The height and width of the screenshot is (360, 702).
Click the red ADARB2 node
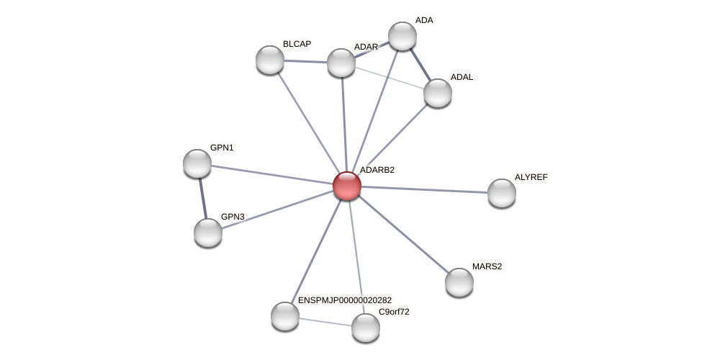pyautogui.click(x=347, y=186)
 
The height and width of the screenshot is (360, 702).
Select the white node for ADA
pyautogui.click(x=402, y=36)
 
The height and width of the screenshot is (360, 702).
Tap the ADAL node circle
pyautogui.click(x=437, y=93)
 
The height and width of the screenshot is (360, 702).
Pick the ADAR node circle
pyautogui.click(x=341, y=63)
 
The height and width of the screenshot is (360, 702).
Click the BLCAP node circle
pyautogui.click(x=270, y=60)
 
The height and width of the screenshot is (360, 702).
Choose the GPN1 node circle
pyautogui.click(x=197, y=163)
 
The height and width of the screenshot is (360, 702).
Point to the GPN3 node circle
pyautogui.click(x=208, y=233)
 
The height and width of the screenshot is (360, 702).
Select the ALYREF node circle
pyautogui.click(x=502, y=193)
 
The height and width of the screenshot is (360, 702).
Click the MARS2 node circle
pyautogui.click(x=459, y=282)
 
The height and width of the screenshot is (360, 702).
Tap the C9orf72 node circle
pyautogui.click(x=366, y=328)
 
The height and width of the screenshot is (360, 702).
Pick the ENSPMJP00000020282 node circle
pyautogui.click(x=285, y=316)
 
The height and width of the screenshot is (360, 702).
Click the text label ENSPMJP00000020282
pyautogui.click(x=345, y=300)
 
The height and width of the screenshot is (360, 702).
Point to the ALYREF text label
pyautogui.click(x=531, y=177)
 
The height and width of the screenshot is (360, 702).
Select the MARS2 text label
pyautogui.click(x=487, y=266)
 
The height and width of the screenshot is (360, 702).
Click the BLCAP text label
pyautogui.click(x=297, y=44)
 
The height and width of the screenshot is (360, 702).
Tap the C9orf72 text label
pyautogui.click(x=394, y=312)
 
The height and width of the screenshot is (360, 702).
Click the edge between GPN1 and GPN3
pyautogui.click(x=203, y=198)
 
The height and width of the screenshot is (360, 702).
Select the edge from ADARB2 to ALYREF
pyautogui.click(x=425, y=189)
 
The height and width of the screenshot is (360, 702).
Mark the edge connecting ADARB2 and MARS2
pyautogui.click(x=403, y=234)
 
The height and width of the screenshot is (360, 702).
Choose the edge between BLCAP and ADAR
pyautogui.click(x=305, y=61)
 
